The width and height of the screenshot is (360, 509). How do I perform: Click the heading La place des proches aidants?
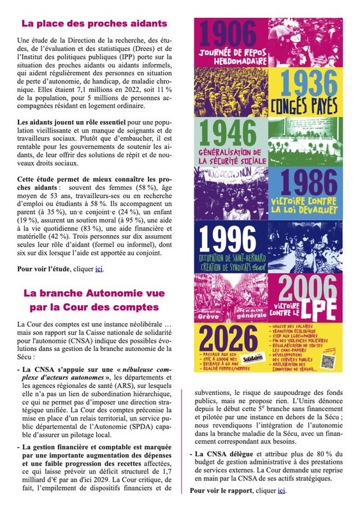point(94,24)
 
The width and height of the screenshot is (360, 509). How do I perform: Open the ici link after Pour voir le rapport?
point(282,491)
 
